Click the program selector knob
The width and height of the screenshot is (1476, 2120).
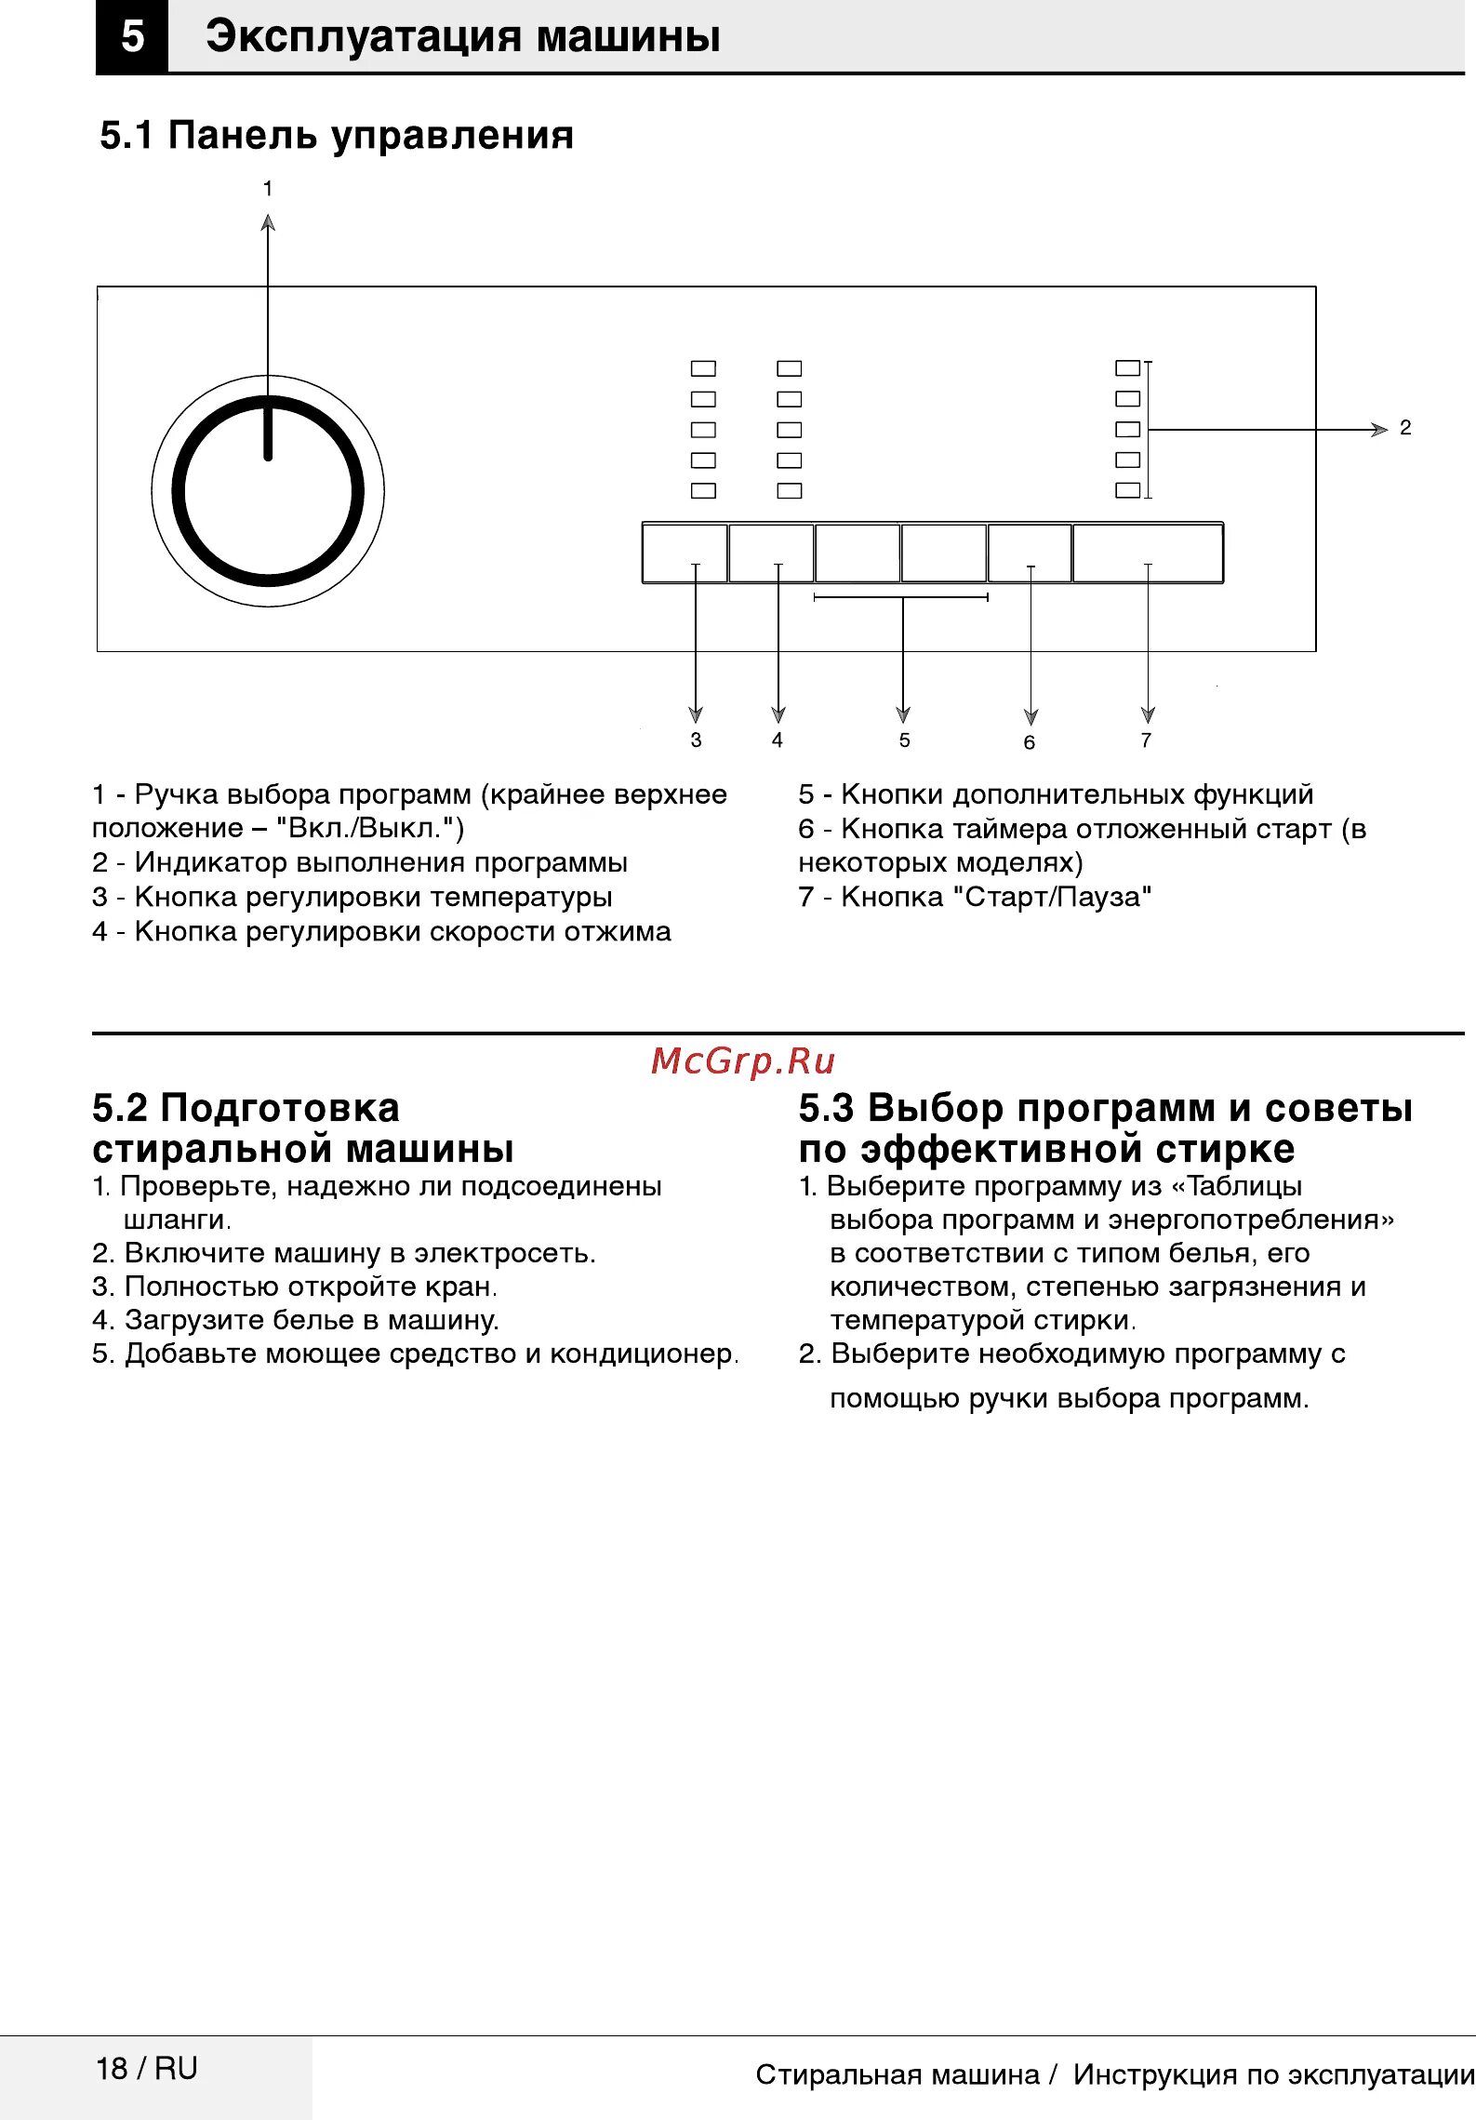tap(268, 492)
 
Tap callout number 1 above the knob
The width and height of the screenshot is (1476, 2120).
tap(268, 189)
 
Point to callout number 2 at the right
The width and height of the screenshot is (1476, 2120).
tap(1405, 428)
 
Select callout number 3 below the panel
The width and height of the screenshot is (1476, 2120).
tap(696, 740)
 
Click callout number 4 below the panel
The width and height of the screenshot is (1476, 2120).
tap(778, 740)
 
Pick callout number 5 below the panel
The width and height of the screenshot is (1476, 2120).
tap(904, 740)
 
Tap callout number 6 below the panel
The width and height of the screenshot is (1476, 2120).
tap(1030, 742)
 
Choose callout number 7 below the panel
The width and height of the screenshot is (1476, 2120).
tap(1146, 740)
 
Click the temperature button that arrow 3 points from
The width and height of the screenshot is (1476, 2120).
tap(685, 553)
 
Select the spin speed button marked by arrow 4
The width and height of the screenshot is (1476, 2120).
tap(771, 553)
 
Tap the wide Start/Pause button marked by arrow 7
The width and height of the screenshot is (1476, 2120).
tap(1148, 553)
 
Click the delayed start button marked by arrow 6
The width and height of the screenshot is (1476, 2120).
tap(1030, 553)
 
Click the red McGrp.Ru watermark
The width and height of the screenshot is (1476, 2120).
tap(743, 1060)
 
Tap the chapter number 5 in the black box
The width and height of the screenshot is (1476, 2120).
tap(132, 37)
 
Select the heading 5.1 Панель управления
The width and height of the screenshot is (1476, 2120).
tap(337, 136)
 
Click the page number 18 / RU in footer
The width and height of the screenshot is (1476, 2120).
tap(147, 2068)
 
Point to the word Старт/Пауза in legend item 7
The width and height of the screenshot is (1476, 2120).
tap(1058, 897)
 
